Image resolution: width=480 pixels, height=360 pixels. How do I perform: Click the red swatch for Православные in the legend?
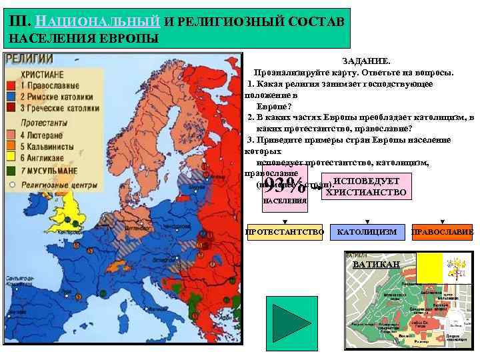11,86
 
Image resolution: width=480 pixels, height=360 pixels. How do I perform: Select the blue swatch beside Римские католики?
11,97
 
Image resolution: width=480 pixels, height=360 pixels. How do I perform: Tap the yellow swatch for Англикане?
11,157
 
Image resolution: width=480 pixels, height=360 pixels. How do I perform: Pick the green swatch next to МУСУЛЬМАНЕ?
11,171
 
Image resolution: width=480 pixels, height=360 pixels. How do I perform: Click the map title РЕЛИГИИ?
29,59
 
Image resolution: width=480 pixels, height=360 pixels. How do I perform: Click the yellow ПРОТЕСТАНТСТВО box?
285,232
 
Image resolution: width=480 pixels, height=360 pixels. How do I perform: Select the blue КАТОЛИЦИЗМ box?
367,232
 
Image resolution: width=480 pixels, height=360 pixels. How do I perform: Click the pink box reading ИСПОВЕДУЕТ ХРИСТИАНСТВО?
364,187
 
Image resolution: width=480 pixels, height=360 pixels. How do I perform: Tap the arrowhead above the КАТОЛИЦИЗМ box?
367,221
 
